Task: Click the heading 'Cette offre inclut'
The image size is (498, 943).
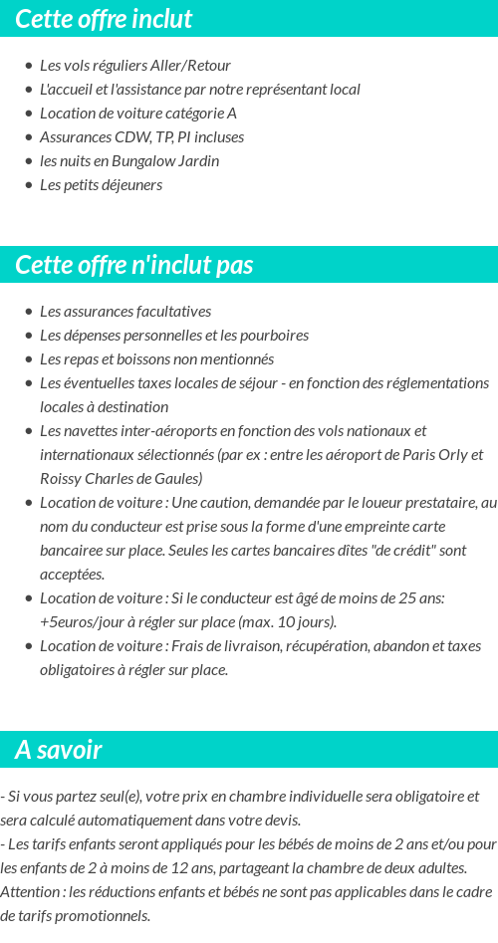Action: coord(104,19)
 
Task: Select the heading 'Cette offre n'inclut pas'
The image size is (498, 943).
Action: coord(134,265)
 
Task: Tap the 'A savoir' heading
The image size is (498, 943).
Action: coord(59,750)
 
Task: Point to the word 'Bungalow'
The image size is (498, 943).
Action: coord(145,161)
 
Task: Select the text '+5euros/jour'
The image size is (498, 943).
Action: coord(79,622)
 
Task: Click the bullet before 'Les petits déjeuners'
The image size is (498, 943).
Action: coord(29,185)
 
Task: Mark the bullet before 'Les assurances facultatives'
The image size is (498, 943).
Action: coord(29,312)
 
